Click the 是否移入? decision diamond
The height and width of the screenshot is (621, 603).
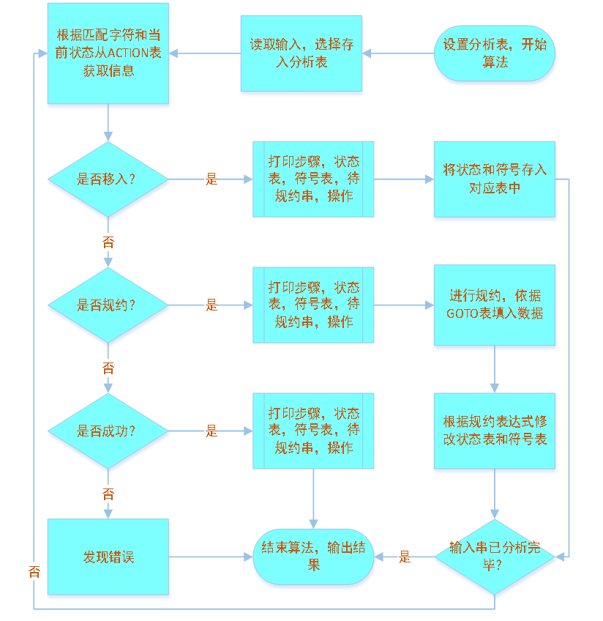pos(108,179)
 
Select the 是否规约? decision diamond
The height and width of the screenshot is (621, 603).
pos(108,305)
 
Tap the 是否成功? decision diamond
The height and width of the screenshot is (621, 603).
pos(108,431)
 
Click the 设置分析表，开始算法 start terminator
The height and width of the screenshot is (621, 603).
pos(495,53)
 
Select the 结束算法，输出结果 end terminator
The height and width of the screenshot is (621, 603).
pos(313,557)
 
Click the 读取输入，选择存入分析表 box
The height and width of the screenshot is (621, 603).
pos(301,53)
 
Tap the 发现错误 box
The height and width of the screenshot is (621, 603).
pos(108,557)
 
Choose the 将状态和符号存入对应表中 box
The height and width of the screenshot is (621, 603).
pos(495,179)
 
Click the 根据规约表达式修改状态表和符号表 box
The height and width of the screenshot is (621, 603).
pos(495,431)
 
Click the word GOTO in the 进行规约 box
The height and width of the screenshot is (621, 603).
pos(463,313)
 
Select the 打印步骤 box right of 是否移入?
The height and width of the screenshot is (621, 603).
pos(313,179)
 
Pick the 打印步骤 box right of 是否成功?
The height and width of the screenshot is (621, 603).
pos(313,431)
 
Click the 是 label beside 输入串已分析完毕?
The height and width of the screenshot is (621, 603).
pos(405,557)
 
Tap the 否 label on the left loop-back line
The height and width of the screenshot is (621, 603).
pos(34,572)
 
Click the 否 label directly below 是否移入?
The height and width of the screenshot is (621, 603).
pos(108,242)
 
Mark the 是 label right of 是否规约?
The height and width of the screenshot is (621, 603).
pos(211,305)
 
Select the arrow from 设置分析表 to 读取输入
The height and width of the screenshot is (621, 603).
pos(398,53)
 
